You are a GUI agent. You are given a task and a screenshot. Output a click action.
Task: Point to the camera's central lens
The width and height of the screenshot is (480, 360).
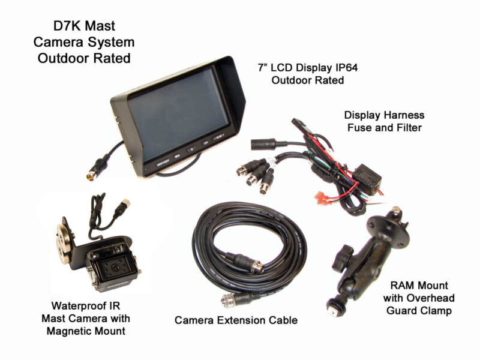[109, 267]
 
